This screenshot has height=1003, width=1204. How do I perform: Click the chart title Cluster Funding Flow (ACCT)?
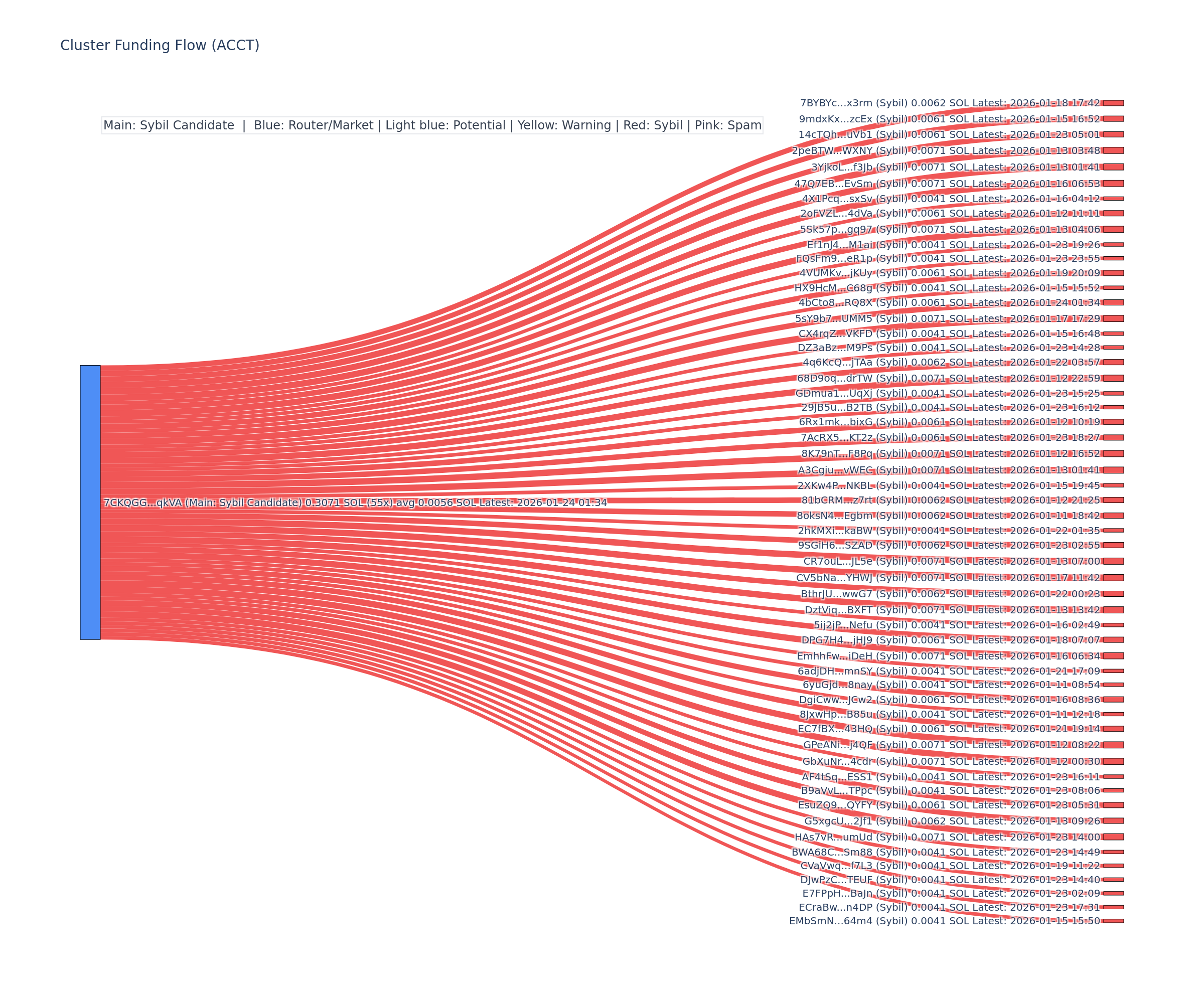[x=160, y=45]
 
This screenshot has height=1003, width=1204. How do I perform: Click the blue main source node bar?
[x=90, y=502]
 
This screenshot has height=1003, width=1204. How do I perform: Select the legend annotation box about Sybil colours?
[x=432, y=125]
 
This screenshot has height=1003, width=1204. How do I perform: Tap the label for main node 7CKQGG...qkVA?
[x=354, y=503]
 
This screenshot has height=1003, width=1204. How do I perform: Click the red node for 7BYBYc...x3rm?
[x=1113, y=103]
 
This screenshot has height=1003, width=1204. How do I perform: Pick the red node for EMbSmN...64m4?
[x=1113, y=921]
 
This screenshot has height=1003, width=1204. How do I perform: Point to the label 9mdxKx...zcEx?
[x=950, y=119]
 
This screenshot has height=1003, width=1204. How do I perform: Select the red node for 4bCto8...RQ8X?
[x=1113, y=302]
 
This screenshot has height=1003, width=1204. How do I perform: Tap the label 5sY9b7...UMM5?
[x=947, y=318]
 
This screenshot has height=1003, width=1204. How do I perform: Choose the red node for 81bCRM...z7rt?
[x=1113, y=500]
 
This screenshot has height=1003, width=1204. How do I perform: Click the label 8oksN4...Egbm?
[x=948, y=515]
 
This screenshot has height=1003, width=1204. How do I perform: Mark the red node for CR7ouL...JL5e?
[x=1113, y=561]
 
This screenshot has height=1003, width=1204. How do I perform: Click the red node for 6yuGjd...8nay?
[x=1113, y=685]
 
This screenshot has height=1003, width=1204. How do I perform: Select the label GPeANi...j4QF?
[x=951, y=745]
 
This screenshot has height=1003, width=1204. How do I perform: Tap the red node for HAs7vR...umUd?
[x=1113, y=837]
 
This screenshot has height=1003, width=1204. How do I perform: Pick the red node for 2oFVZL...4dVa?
[x=1113, y=213]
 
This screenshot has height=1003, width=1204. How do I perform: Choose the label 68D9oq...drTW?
[x=948, y=378]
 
